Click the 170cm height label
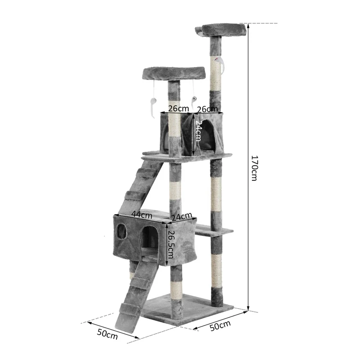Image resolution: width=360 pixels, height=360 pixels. pyautogui.click(x=255, y=168)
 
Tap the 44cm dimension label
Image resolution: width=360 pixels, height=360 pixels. pyautogui.click(x=142, y=215)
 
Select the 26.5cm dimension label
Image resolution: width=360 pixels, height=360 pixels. pyautogui.click(x=171, y=244)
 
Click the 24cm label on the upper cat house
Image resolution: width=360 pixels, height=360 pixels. pyautogui.click(x=198, y=130)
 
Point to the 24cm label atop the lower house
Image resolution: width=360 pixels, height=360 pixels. pyautogui.click(x=182, y=216)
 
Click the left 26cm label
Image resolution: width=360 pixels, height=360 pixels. pyautogui.click(x=178, y=108)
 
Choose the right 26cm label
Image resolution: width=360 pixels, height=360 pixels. pyautogui.click(x=207, y=109)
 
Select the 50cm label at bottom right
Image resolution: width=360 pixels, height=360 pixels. pyautogui.click(x=220, y=325)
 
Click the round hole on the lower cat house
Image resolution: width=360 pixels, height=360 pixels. pyautogui.click(x=121, y=231)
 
